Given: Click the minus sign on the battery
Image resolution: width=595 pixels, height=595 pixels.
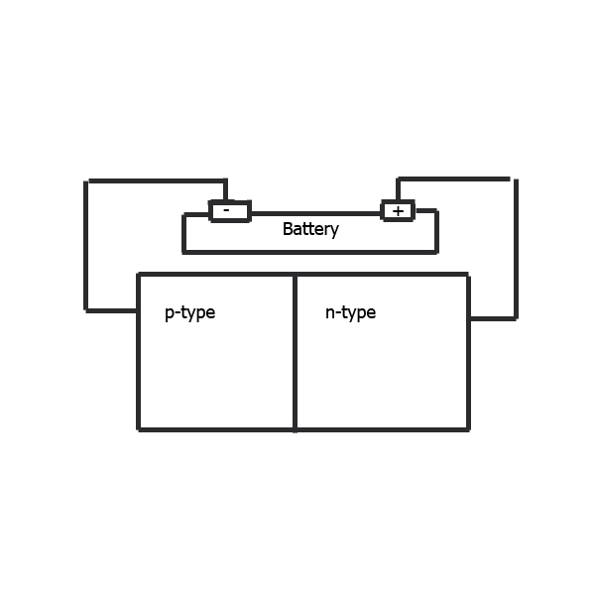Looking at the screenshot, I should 228,210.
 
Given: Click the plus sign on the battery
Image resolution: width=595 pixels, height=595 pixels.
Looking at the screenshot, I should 398,210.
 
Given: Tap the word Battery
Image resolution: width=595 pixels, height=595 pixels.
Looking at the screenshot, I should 310,229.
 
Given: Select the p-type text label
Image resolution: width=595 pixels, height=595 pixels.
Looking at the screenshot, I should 189,313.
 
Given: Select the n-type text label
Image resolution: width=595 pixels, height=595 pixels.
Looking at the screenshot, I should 350,313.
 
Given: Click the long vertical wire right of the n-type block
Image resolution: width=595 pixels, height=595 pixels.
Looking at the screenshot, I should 516,248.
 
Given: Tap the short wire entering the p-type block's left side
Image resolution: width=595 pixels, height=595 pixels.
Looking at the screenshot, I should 112,310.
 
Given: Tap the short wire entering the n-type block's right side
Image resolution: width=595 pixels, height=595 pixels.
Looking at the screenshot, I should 492,318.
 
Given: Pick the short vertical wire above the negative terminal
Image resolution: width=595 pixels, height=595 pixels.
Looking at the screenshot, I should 226,190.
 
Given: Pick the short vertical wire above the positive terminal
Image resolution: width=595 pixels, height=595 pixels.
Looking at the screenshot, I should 398,190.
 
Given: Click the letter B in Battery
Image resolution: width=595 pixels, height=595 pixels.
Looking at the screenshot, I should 288,229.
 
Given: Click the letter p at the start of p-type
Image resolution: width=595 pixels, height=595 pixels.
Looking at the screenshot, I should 170,314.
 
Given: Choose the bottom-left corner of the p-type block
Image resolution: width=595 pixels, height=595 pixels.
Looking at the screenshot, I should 138,428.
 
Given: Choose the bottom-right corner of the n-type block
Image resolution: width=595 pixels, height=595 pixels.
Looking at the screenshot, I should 468,428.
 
